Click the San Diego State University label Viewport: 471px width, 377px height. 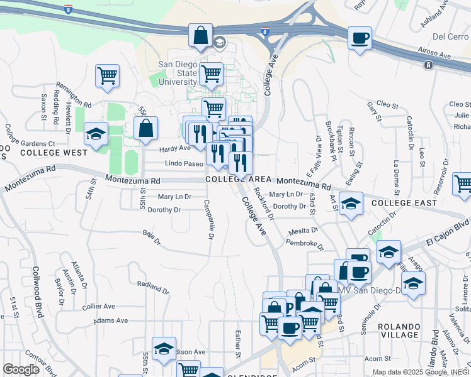click(178, 73)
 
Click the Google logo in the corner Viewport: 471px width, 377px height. click(21, 369)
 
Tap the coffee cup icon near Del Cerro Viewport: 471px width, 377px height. click(360, 38)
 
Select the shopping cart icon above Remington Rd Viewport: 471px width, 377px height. click(108, 75)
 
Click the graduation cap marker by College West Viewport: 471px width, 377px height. click(96, 134)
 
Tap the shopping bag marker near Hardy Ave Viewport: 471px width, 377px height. click(145, 128)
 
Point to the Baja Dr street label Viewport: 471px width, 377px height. click(152, 238)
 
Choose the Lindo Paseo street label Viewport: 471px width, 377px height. click(184, 163)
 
